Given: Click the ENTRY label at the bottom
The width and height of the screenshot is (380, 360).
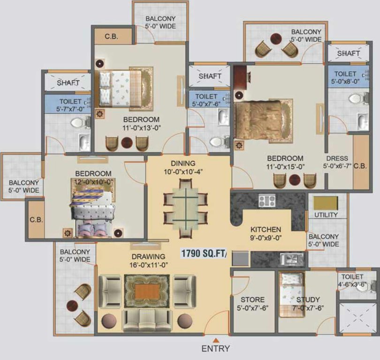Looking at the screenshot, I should click(216, 348).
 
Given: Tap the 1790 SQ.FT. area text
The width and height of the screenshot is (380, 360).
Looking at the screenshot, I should click(204, 254).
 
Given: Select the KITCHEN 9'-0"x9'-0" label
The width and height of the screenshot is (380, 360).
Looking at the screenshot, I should click(266, 233).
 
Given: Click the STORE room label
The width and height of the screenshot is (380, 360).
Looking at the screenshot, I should click(252, 303).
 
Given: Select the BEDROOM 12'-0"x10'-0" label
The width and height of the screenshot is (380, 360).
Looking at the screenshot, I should click(93, 177).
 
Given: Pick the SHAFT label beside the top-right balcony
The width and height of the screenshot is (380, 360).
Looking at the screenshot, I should click(349, 54).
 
